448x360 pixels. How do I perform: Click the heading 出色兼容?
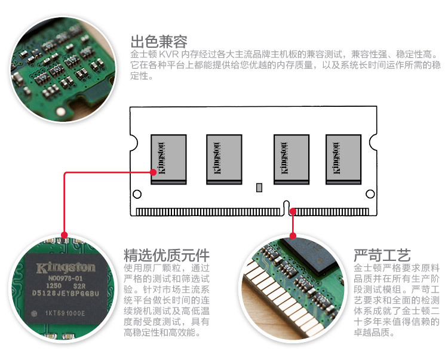(159, 42)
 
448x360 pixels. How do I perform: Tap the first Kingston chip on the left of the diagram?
(169, 159)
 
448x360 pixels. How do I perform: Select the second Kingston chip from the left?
(223, 159)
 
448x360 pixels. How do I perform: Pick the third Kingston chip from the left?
(291, 159)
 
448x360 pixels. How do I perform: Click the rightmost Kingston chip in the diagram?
(343, 159)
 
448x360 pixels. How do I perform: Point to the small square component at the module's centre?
(259, 187)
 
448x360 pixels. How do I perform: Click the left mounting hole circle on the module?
(137, 194)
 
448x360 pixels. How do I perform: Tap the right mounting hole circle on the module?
(370, 194)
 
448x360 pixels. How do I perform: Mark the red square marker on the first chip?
(154, 172)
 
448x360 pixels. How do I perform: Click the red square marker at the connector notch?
(293, 211)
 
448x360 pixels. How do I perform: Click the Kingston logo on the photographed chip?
(66, 267)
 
